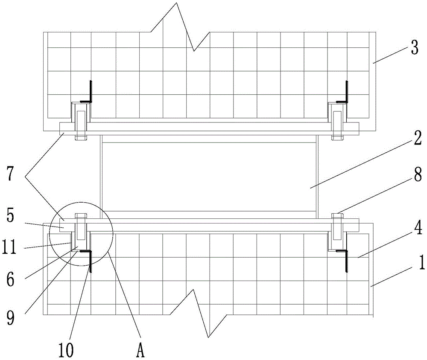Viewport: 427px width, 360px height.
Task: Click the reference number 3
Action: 414,48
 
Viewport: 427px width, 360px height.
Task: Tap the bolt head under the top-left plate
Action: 81,138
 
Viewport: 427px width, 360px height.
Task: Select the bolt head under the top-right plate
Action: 337,138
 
